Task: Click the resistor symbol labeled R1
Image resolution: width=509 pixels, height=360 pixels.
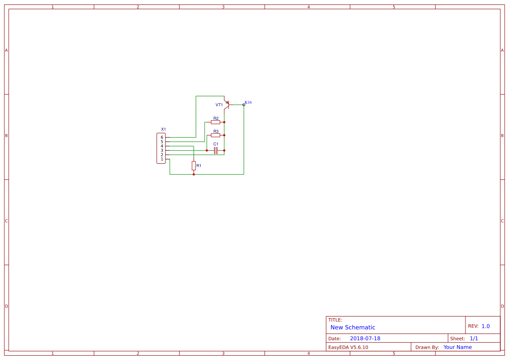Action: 194,165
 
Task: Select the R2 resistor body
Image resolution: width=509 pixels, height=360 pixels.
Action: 216,122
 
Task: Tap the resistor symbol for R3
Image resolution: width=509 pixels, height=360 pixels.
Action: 216,135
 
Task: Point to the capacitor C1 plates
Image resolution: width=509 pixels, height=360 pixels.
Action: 216,150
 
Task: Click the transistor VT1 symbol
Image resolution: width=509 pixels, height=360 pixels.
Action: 227,104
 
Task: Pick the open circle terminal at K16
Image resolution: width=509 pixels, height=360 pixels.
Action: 244,104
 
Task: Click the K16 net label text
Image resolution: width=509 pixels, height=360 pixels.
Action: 248,102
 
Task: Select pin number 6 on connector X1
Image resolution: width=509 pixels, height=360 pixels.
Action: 162,138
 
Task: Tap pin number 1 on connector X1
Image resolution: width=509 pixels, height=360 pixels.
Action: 162,159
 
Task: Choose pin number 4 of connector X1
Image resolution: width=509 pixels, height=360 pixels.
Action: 162,146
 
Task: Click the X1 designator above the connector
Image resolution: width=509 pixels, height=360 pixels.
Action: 163,129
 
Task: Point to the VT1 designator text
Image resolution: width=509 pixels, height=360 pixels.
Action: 219,105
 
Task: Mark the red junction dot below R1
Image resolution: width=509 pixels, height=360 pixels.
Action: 194,174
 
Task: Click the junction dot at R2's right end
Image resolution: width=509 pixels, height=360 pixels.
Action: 224,122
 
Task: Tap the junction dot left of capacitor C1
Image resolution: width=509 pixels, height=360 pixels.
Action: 207,150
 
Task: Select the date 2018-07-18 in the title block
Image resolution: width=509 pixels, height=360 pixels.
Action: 365,338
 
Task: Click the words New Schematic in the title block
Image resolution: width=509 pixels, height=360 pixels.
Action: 353,327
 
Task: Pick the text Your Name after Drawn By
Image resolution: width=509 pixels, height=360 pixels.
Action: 457,347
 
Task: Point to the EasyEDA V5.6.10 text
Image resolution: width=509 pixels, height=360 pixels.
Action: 348,347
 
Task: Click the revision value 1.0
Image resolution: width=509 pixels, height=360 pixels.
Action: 485,326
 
